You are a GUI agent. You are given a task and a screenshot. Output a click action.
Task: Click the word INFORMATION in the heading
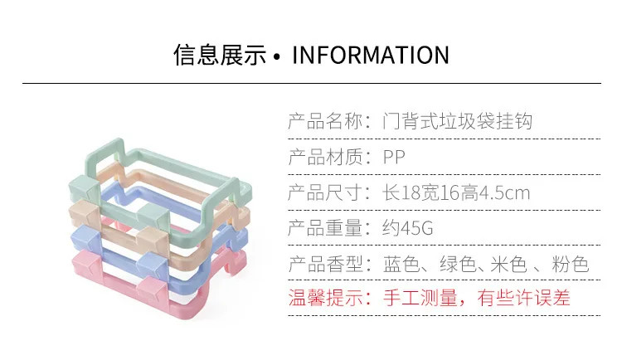tap(371, 56)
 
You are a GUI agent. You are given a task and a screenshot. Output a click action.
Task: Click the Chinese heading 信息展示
tap(220, 56)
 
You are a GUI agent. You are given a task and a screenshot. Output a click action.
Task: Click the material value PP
tap(394, 158)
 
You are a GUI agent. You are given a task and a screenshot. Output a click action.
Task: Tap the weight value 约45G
tap(408, 229)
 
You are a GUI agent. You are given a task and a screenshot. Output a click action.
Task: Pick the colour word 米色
tap(508, 265)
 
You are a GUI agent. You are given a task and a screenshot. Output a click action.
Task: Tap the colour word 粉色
tap(570, 265)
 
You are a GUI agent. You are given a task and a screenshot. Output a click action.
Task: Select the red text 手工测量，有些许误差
tap(477, 297)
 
